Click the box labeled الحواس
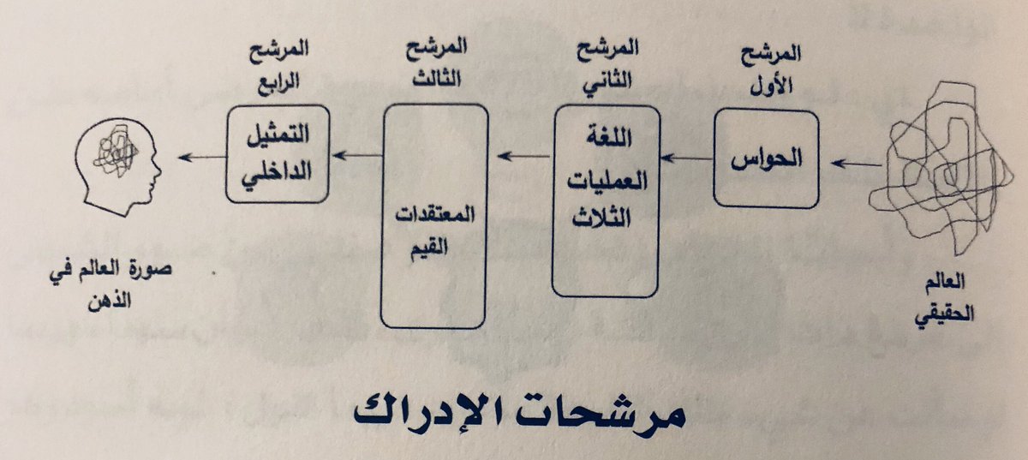pos(765,159)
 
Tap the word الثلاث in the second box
pos(606,216)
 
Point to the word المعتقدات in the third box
pos(434,212)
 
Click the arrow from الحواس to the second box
pos(686,158)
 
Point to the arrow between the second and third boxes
pos(522,157)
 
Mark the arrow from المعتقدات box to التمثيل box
pos(358,155)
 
